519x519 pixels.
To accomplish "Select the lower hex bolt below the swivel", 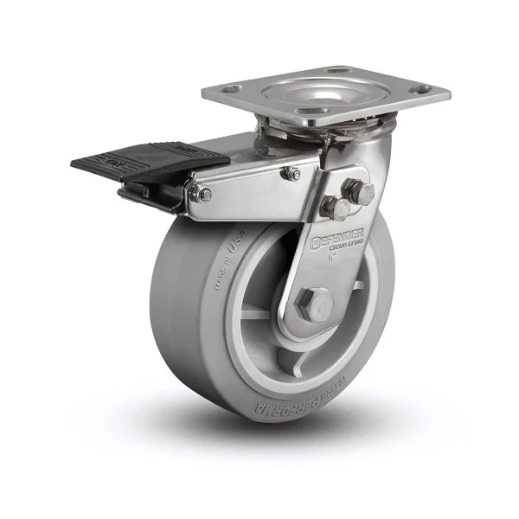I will tap(336, 208).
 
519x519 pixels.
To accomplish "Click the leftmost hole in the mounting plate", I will tap(231, 89).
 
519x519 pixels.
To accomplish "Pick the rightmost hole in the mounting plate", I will tap(421, 89).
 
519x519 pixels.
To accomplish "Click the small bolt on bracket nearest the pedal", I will tap(204, 194).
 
